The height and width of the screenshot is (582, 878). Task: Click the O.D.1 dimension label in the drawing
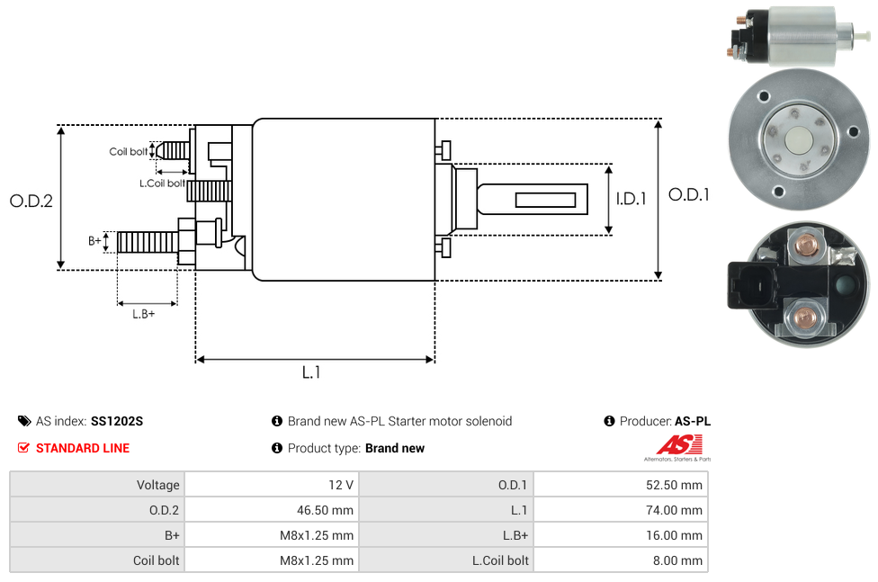(x=689, y=194)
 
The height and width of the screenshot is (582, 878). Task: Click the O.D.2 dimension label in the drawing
(x=31, y=201)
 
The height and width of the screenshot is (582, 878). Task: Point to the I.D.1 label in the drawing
(x=631, y=199)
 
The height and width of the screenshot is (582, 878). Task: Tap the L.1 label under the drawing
(x=311, y=372)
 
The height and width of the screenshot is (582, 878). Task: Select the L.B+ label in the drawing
(x=143, y=314)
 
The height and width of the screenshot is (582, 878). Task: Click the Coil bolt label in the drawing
(x=129, y=152)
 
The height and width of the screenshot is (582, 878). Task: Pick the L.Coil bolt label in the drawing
(x=162, y=184)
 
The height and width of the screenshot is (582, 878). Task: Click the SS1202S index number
(x=117, y=421)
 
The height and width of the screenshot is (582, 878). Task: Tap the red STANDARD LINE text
(x=83, y=448)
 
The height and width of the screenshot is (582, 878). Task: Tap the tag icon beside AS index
(x=24, y=421)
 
